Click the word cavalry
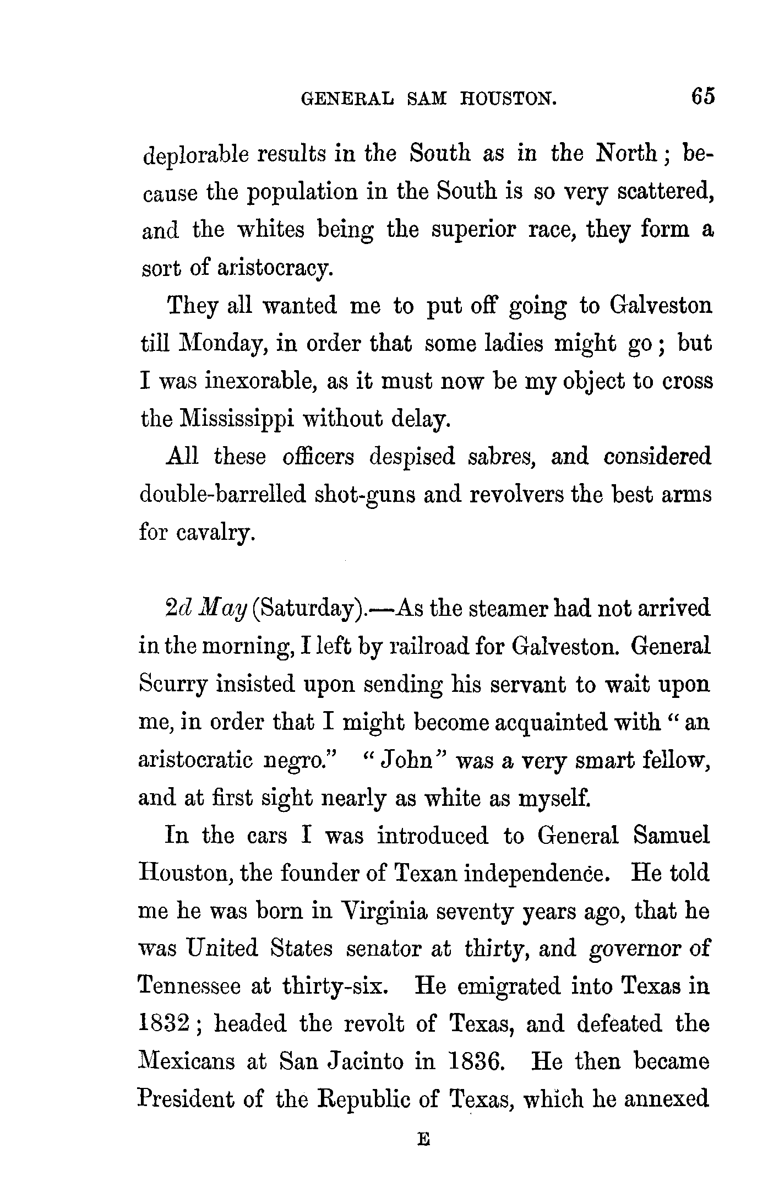216,533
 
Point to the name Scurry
172,685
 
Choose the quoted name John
405,761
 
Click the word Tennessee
189,986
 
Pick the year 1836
476,1061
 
